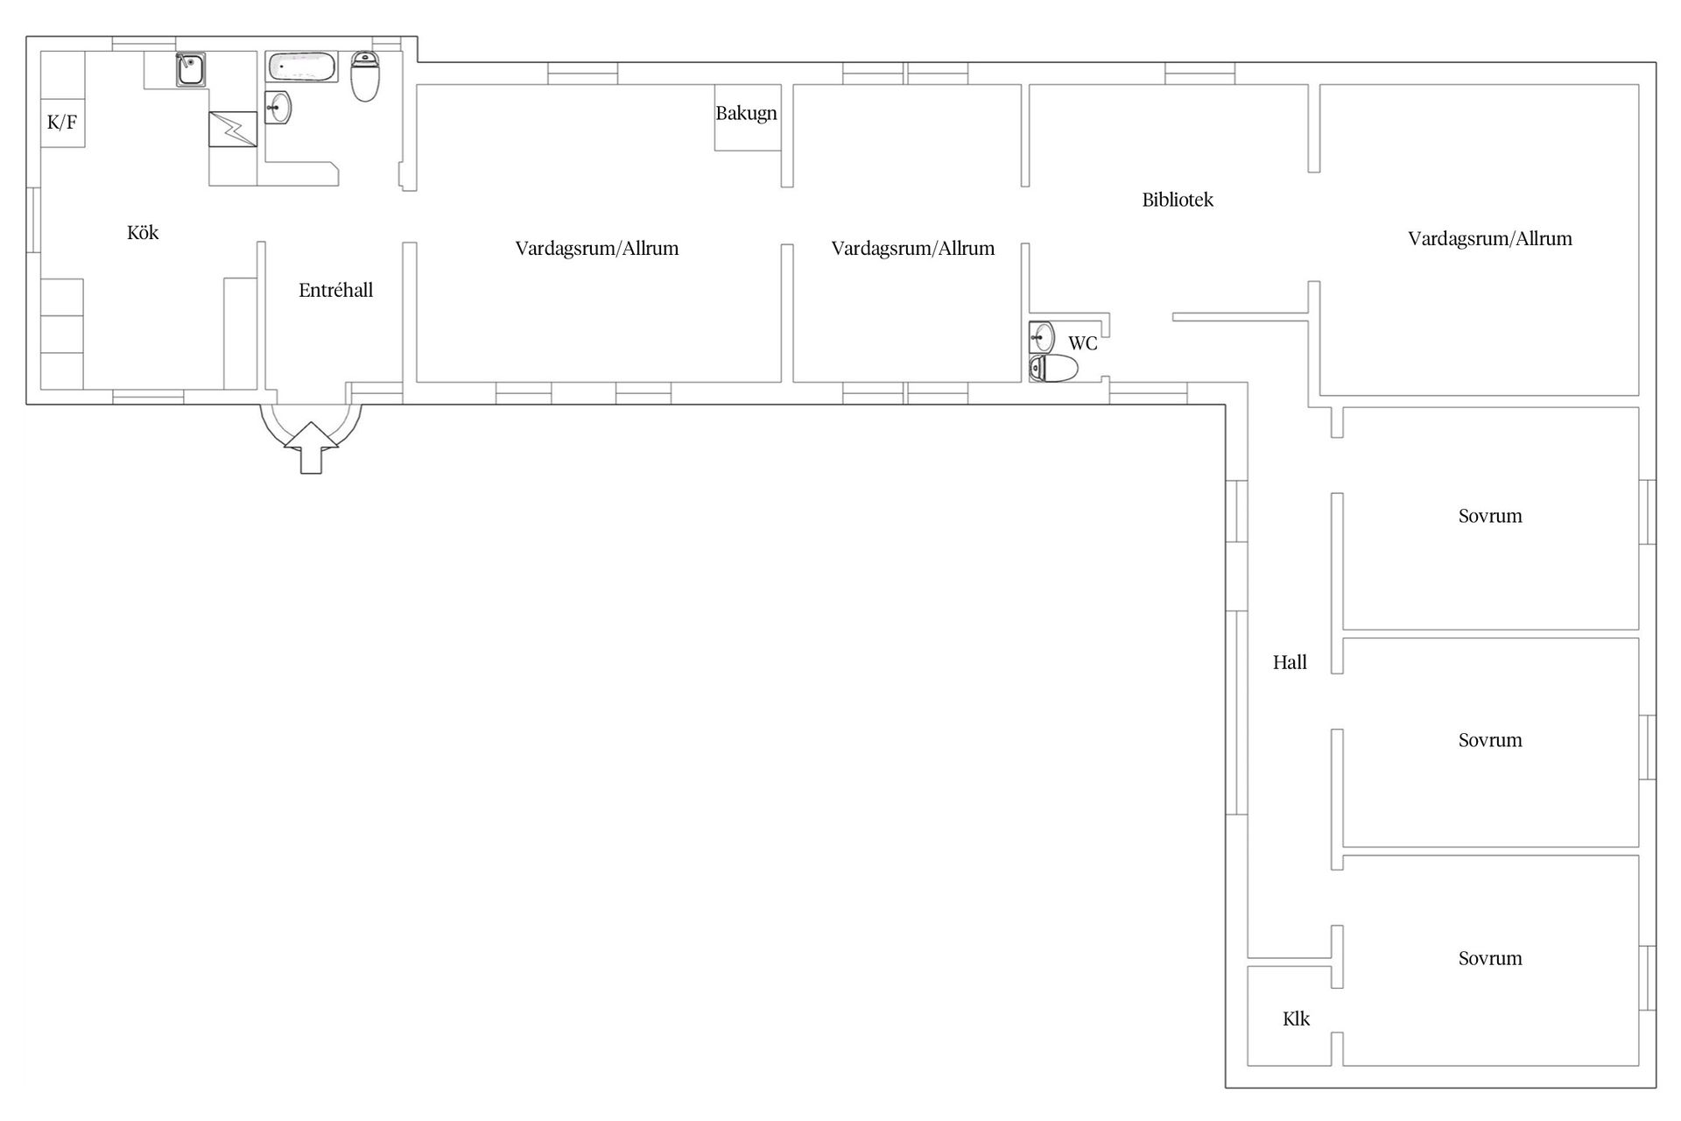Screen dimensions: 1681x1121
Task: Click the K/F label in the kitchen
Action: click(62, 122)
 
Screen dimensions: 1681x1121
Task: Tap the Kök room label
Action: click(143, 232)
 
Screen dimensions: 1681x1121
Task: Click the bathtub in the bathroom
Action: click(302, 67)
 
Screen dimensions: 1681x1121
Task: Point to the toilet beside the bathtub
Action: click(365, 76)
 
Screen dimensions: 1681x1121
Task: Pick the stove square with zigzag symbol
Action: click(233, 129)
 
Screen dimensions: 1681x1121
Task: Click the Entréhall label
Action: click(336, 290)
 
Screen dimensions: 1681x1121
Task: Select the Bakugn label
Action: click(746, 113)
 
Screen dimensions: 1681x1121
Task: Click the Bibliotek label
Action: click(1178, 200)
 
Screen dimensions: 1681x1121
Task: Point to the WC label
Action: click(1083, 343)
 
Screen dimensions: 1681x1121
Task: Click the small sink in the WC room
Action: click(1042, 337)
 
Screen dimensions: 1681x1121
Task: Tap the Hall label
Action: click(1290, 663)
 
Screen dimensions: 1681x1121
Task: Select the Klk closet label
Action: click(1297, 1019)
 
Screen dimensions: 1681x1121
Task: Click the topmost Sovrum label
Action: click(1490, 516)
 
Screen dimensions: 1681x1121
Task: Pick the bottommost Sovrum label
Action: click(1490, 958)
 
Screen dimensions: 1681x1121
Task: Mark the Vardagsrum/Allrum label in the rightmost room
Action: click(1490, 238)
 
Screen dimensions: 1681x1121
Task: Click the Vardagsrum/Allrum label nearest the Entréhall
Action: click(597, 248)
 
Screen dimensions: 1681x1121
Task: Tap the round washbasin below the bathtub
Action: click(278, 108)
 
